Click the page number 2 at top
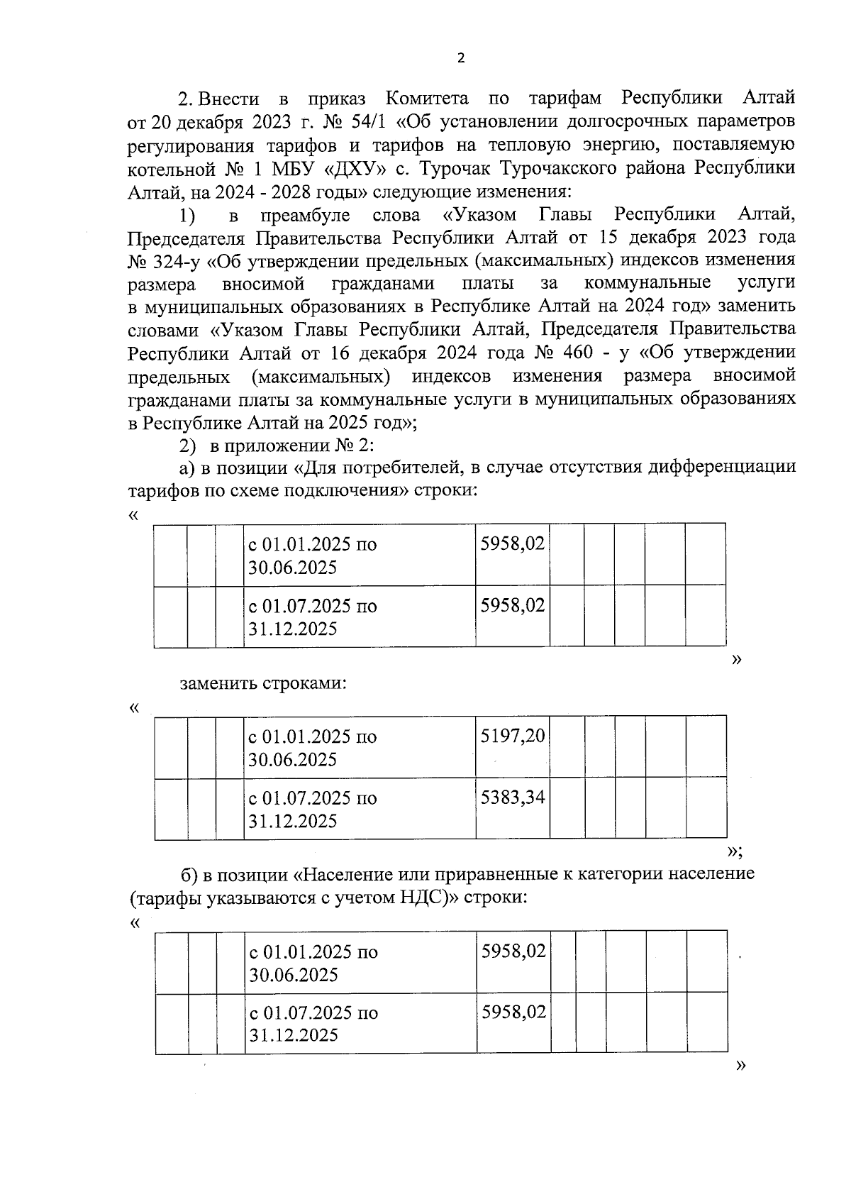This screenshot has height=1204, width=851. coord(461,59)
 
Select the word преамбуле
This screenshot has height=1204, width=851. coord(306,215)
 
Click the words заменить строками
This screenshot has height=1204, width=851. coord(263,684)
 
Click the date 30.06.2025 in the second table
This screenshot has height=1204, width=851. coord(292,760)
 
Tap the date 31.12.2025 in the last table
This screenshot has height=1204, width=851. coord(294,1035)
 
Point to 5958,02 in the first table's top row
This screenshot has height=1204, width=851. coord(512,543)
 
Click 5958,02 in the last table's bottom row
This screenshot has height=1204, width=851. coord(513,1012)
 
